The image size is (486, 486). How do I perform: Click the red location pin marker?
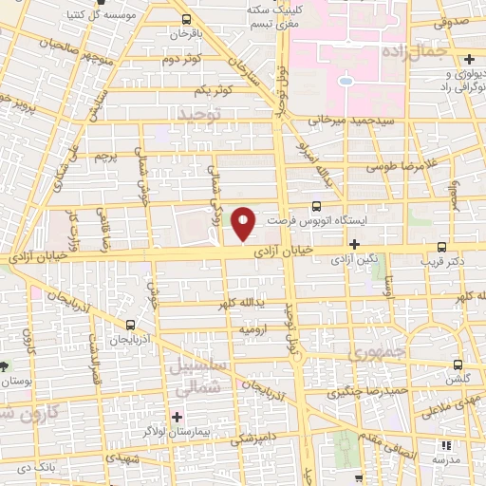244,224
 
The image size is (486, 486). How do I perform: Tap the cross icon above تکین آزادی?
353,244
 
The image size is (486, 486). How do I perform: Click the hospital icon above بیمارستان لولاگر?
177,416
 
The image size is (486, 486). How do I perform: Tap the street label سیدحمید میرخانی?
344,121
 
